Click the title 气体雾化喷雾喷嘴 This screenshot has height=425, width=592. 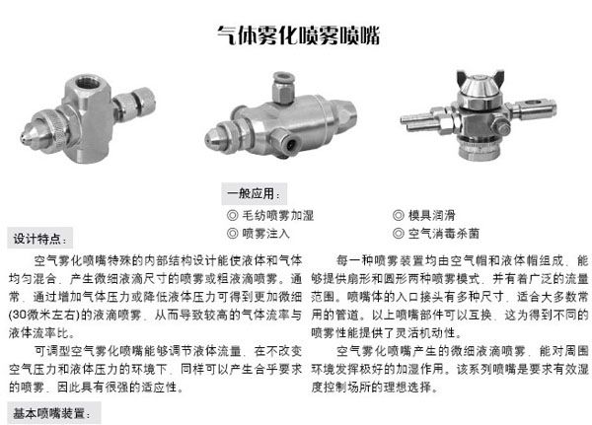point(298,35)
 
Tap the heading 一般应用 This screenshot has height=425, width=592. point(254,193)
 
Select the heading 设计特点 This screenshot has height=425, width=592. point(39,239)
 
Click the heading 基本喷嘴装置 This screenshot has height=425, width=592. point(51,413)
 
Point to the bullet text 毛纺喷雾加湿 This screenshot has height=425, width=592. point(277,215)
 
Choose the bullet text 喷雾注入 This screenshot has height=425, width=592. point(265,234)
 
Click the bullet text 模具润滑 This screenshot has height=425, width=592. point(431,215)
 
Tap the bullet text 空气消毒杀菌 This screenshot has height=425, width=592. point(444,234)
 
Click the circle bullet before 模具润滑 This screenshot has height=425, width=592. point(399,215)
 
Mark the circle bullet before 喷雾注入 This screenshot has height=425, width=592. point(232,234)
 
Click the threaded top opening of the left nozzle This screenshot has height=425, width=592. point(88,82)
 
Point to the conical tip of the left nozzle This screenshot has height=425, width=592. point(31,135)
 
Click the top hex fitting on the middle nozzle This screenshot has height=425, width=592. point(282,88)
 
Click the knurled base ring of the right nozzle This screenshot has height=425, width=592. point(480,150)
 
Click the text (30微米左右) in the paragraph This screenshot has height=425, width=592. point(44,315)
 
